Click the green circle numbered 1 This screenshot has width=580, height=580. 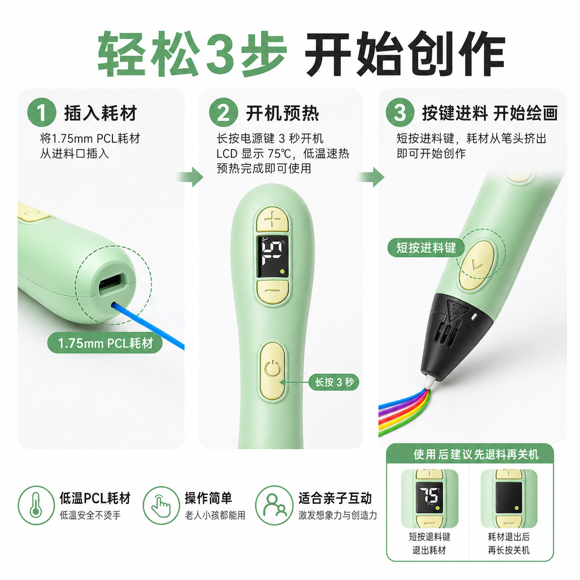42,113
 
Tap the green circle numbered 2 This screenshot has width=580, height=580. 224,113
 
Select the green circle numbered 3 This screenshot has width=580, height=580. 400,113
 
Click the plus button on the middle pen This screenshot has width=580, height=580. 272,219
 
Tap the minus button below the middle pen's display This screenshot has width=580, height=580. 273,292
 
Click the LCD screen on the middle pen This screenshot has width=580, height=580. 272,256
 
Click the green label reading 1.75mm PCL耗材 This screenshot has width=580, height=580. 105,343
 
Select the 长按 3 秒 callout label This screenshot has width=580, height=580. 334,382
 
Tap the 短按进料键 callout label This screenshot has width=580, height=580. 426,248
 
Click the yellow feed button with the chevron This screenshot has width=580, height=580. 476,265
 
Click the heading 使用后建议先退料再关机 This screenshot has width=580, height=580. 476,454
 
